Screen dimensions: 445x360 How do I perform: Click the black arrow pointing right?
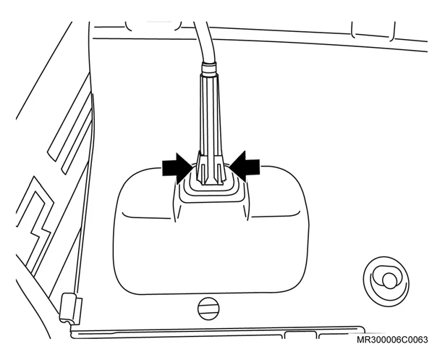177,168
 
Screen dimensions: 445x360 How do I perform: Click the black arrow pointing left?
245,167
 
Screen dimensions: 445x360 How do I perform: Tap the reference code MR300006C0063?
392,340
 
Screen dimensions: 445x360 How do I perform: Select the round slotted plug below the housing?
208,309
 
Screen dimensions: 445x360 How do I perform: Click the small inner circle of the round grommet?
389,280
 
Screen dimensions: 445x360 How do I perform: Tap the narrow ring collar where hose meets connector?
209,68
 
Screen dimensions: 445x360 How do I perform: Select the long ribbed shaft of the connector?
210,114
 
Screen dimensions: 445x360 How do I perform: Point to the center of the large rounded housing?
210,244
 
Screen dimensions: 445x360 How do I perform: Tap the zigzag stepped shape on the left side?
35,225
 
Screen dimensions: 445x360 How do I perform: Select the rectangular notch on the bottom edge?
300,335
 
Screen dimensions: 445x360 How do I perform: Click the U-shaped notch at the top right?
373,30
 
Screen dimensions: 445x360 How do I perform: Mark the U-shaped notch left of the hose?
153,25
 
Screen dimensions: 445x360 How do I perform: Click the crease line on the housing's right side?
276,215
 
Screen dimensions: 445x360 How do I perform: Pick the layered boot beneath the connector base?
211,189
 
